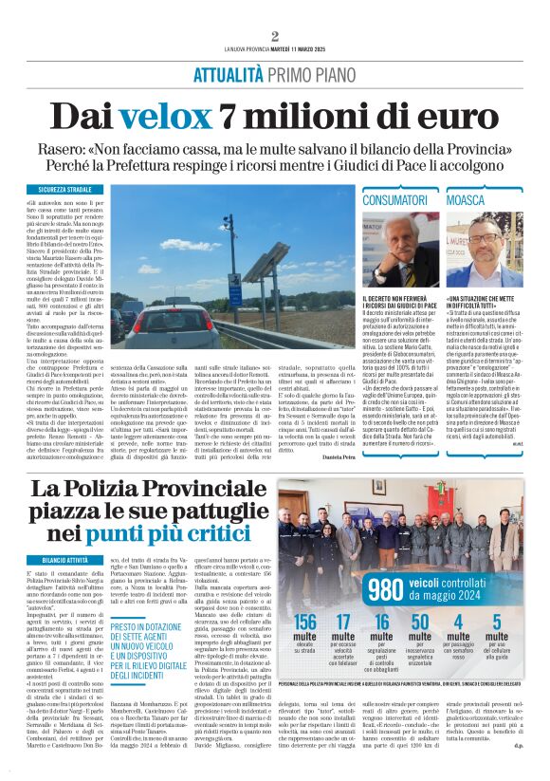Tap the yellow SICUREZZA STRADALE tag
point(64,190)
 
